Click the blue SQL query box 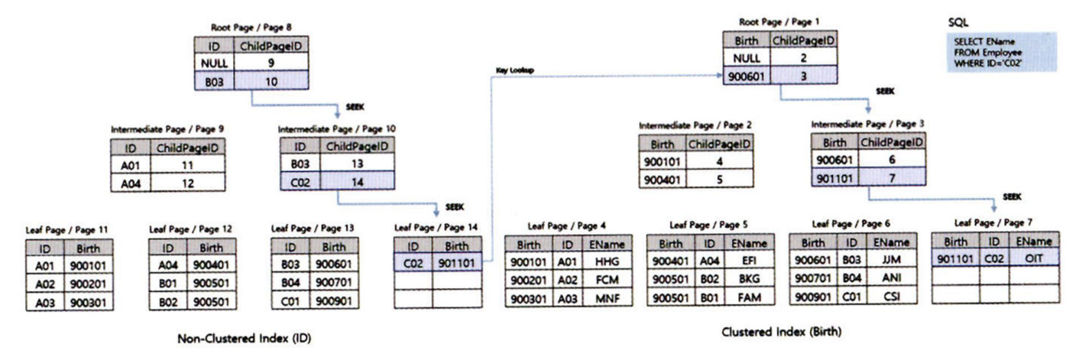[x=1000, y=50]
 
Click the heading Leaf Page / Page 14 [x=437, y=228]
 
